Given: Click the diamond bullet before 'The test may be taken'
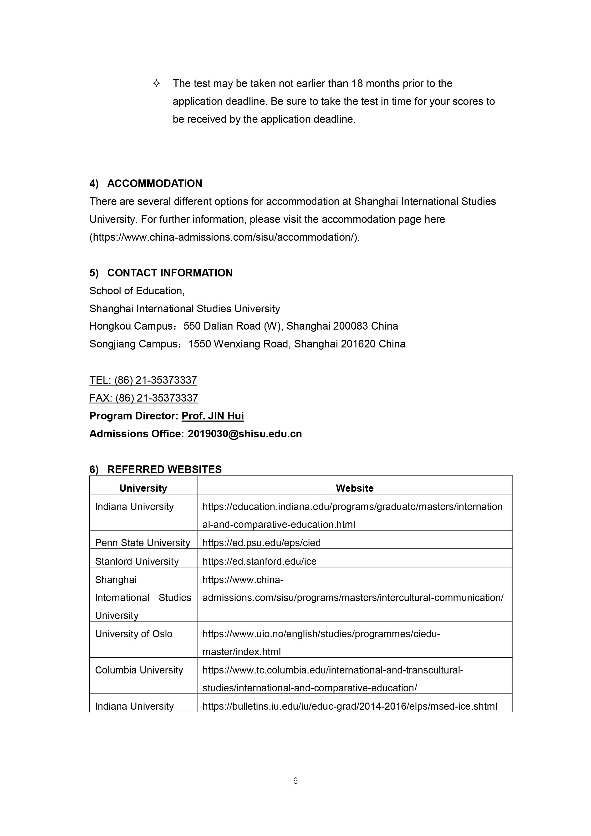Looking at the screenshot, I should [x=156, y=84].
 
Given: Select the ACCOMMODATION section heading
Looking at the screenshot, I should [x=154, y=184].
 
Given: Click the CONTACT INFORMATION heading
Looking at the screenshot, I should [x=170, y=273].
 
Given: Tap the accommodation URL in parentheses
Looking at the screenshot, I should [x=224, y=237].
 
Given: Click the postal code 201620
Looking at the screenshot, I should [x=358, y=344].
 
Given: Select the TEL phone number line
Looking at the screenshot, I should [x=143, y=380].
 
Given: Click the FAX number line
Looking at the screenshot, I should [x=144, y=398].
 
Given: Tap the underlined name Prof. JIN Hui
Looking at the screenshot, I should [x=213, y=416].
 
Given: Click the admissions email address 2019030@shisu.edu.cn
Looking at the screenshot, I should [x=245, y=434].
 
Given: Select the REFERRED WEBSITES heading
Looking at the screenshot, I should [x=164, y=469].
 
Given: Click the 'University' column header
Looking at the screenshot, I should [x=143, y=488].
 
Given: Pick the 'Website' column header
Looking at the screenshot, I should [x=355, y=488].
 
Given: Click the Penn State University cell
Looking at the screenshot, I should [x=143, y=543].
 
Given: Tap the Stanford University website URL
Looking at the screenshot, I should [x=259, y=561].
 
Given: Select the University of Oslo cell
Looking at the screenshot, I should [x=134, y=634].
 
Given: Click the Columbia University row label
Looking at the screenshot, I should [x=139, y=670].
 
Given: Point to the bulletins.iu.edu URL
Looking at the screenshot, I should [x=350, y=706].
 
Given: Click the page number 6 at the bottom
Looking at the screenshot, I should [x=295, y=781].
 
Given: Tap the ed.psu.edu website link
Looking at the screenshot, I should [x=261, y=543].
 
